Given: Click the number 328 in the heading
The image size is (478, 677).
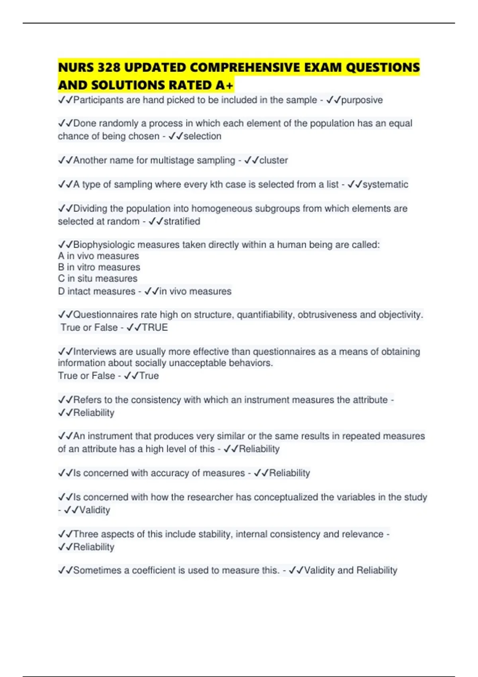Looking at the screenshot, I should (108, 68).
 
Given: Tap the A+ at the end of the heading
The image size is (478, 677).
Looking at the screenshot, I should (225, 85).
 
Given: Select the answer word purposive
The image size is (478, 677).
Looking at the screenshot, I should (362, 100).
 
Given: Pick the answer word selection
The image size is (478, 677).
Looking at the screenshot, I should (202, 136).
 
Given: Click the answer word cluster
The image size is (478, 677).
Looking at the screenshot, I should (273, 160).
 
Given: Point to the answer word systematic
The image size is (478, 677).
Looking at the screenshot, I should (385, 184).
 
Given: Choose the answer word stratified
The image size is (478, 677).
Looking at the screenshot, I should (182, 221).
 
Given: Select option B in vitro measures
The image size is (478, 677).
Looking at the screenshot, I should (99, 267).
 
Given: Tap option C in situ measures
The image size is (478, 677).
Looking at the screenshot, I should (98, 278).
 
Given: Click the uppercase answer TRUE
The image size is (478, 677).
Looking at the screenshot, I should (155, 327).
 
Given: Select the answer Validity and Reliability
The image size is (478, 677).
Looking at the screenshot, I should (351, 570).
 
